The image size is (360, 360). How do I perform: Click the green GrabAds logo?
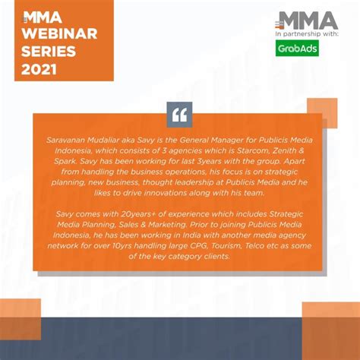(x=296, y=49)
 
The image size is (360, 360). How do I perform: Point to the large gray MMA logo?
(x=308, y=21)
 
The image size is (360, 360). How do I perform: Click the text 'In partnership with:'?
(x=307, y=34)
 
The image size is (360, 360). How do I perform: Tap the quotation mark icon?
(x=179, y=115)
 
